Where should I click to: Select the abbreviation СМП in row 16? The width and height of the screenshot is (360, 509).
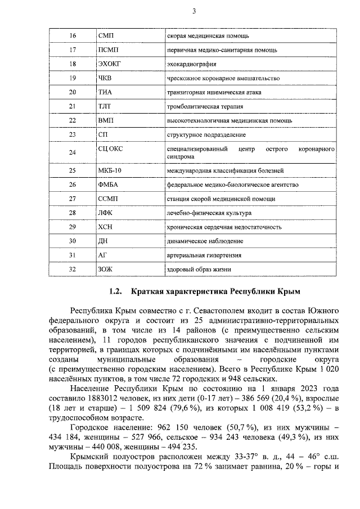(x=106, y=36)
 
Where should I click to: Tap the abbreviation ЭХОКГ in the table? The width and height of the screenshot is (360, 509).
(x=110, y=64)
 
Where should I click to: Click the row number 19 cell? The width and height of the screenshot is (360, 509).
(x=72, y=78)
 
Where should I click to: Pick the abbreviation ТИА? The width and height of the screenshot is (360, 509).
(x=105, y=92)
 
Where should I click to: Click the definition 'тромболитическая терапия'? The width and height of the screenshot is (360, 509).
(x=205, y=106)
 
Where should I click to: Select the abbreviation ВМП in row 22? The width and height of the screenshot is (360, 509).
(x=106, y=120)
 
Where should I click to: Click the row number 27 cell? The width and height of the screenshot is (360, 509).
(x=72, y=199)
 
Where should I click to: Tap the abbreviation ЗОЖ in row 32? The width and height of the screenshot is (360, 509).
(x=105, y=269)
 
